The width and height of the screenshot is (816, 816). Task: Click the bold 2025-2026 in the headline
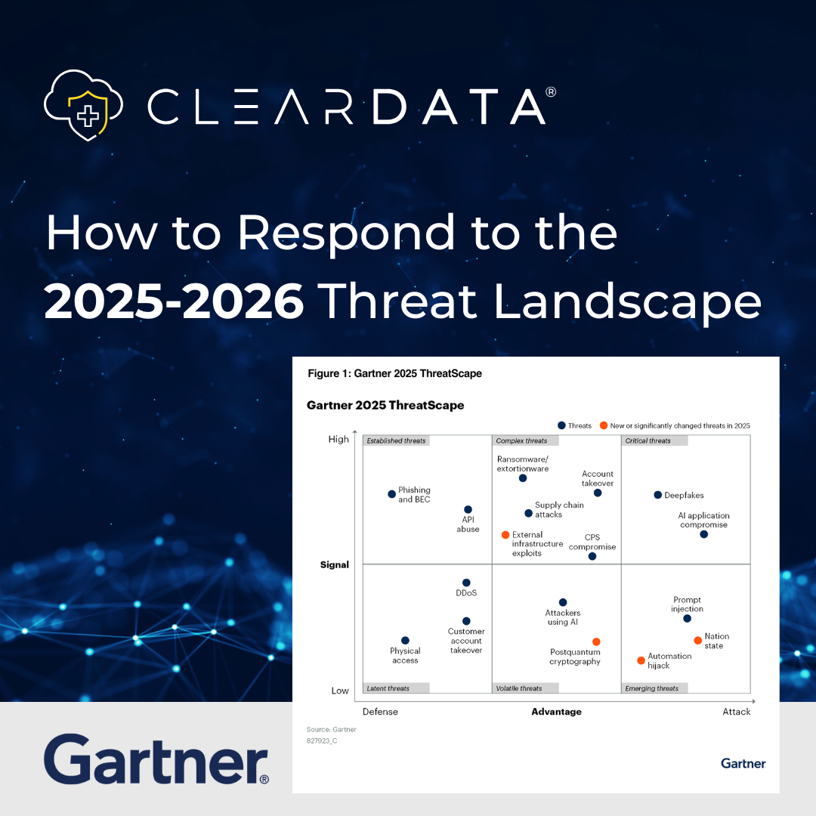175,302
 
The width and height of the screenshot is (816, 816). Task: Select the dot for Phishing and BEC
391,494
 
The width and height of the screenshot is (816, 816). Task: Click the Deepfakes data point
658,495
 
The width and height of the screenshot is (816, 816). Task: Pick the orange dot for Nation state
698,641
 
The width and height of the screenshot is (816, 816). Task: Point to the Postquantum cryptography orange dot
596,642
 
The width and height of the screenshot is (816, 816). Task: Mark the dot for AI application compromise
703,534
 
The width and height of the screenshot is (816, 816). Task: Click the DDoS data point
466,583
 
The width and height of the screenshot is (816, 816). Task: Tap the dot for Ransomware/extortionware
523,478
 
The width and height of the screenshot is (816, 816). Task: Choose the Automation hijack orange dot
641,660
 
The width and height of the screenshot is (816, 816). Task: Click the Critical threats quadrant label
648,440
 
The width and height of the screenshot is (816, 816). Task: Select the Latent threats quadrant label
388,688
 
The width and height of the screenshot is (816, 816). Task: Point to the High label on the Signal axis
338,439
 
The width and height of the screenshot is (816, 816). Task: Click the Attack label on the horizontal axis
736,712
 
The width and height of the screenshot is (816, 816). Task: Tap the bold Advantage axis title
556,712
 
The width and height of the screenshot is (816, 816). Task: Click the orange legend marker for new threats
604,425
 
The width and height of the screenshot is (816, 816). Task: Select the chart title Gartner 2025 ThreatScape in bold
385,405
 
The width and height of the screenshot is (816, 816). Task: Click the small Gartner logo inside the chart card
743,763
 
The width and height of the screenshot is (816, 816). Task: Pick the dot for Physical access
405,641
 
